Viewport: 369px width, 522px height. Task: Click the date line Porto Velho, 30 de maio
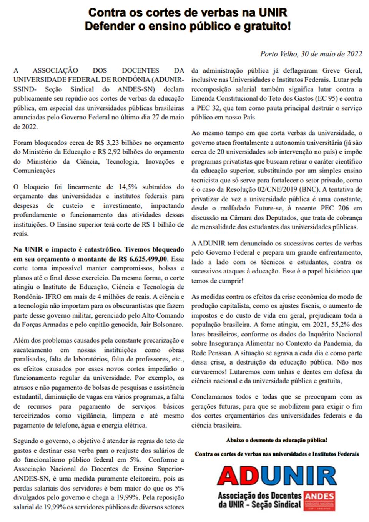pyautogui.click(x=311, y=54)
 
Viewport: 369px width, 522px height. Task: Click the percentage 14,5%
pyautogui.click(x=128, y=187)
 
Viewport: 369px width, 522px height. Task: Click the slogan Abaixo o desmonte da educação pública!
pyautogui.click(x=277, y=440)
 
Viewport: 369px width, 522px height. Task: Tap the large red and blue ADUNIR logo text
pyautogui.click(x=277, y=476)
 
